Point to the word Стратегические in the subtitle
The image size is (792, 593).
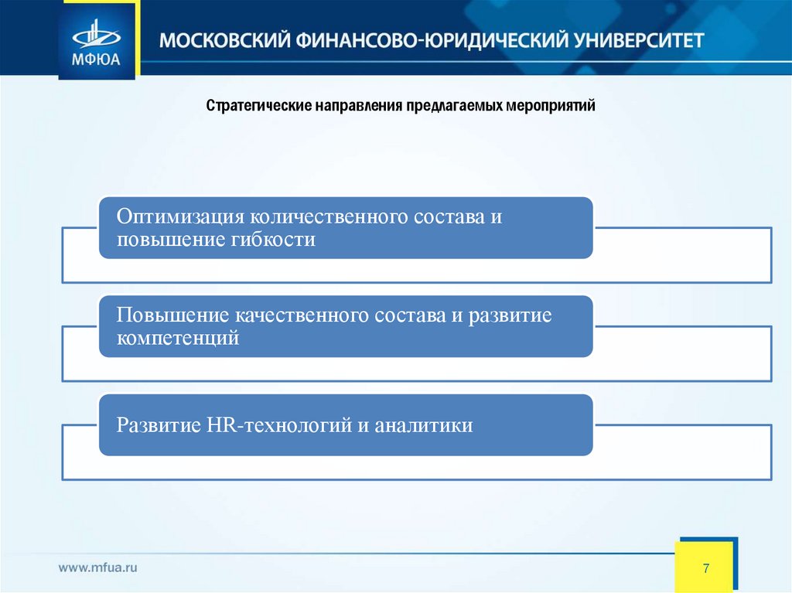point(258,104)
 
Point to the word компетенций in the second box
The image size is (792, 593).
point(178,338)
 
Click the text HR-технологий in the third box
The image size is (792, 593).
point(279,425)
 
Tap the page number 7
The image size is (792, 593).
point(706,569)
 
